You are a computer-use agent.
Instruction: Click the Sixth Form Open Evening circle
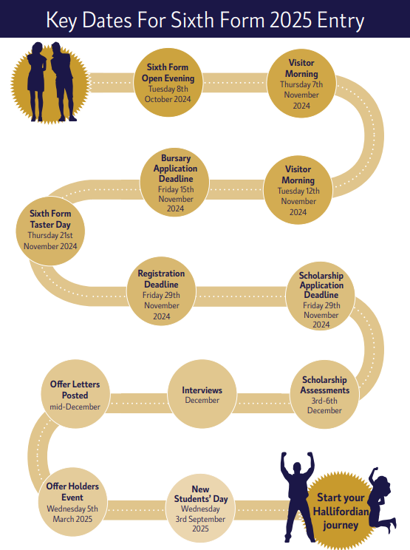[x=168, y=83]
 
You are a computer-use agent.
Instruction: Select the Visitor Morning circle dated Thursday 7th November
[x=301, y=84]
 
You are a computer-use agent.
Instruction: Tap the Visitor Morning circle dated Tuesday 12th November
[x=298, y=190]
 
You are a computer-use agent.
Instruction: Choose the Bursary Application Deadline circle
[x=175, y=183]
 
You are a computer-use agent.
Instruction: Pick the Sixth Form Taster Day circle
[x=50, y=231]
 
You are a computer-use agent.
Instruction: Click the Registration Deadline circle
[x=161, y=292]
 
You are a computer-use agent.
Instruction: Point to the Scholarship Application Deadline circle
[x=321, y=296]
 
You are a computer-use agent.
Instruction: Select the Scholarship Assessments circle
[x=324, y=394]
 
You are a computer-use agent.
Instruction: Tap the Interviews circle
[x=202, y=394]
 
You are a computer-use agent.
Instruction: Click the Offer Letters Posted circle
[x=75, y=394]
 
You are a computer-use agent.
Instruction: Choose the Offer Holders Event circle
[x=72, y=502]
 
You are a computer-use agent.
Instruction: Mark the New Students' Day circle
[x=200, y=509]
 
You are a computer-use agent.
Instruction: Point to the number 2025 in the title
[x=291, y=20]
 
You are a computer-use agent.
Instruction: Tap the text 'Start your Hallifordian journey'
[x=341, y=511]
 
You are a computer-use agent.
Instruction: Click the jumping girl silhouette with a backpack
[x=382, y=499]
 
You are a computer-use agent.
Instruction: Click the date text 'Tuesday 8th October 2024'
[x=168, y=94]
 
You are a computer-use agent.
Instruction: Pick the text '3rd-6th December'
[x=324, y=406]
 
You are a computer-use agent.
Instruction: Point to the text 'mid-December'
[x=75, y=407]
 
